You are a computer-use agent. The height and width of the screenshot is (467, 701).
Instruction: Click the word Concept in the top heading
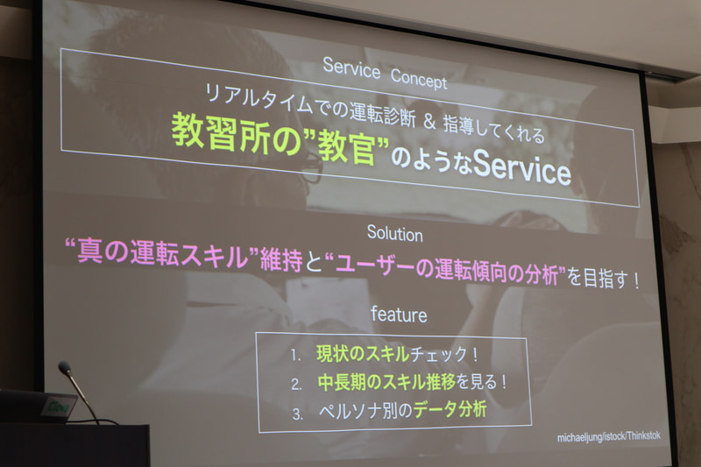[418, 79]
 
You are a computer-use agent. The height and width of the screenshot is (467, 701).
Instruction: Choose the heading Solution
[394, 234]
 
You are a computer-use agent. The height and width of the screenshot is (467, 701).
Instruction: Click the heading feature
[399, 313]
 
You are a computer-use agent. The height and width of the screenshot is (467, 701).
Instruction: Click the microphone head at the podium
[64, 368]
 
